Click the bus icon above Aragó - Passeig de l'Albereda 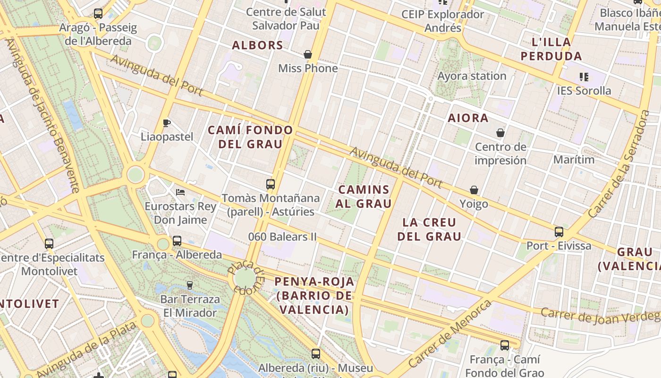click(98, 14)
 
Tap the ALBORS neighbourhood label click(257, 45)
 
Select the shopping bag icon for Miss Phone click(308, 55)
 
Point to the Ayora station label click(472, 76)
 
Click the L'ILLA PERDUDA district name click(551, 49)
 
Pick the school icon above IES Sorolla click(584, 77)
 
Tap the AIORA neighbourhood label click(468, 118)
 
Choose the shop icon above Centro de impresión click(500, 133)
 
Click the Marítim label click(574, 160)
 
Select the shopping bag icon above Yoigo click(474, 190)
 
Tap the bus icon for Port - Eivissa click(559, 232)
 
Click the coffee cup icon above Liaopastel click(167, 123)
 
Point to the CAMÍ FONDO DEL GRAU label click(250, 137)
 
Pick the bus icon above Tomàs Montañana click(271, 184)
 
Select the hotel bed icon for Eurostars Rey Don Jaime click(180, 192)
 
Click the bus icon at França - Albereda click(177, 241)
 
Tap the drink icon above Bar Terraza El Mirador click(190, 285)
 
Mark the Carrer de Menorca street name click(449, 334)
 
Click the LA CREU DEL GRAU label click(429, 229)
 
